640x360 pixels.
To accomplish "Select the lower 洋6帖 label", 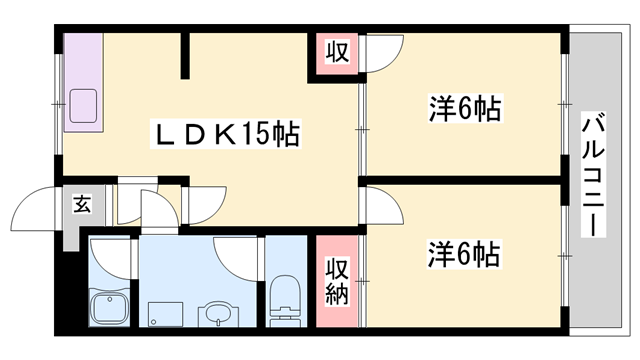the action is click(x=464, y=253).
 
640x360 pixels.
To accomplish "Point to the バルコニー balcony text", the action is click(x=596, y=174).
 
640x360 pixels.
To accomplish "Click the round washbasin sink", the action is click(x=216, y=315).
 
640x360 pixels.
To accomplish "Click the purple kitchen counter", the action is click(x=84, y=80).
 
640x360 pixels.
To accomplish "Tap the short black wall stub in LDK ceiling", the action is click(x=184, y=58).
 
